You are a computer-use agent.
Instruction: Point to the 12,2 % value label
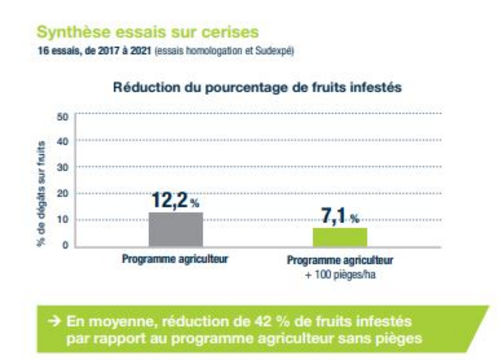tap(175, 201)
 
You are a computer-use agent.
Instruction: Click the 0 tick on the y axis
tap(65, 245)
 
